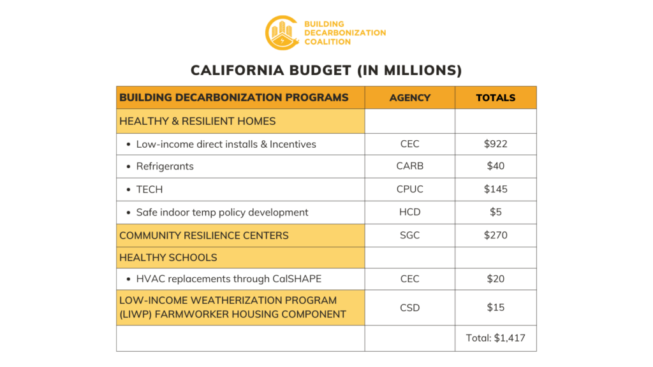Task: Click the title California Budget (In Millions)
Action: (326, 70)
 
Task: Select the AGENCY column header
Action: (409, 97)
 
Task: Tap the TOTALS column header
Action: (495, 97)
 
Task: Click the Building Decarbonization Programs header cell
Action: (234, 97)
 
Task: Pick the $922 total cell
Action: (495, 144)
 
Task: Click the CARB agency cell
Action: (409, 166)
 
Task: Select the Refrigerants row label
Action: (165, 166)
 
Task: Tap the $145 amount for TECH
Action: (495, 189)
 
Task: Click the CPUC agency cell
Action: (409, 189)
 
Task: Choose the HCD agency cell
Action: (409, 212)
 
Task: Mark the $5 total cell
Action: (495, 212)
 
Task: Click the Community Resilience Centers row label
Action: (204, 235)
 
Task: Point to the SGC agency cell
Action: (409, 235)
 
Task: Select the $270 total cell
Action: (495, 235)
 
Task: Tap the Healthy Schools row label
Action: (168, 257)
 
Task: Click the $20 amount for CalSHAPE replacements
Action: (495, 278)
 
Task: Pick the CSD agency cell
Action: (409, 307)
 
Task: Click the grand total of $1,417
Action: (495, 338)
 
